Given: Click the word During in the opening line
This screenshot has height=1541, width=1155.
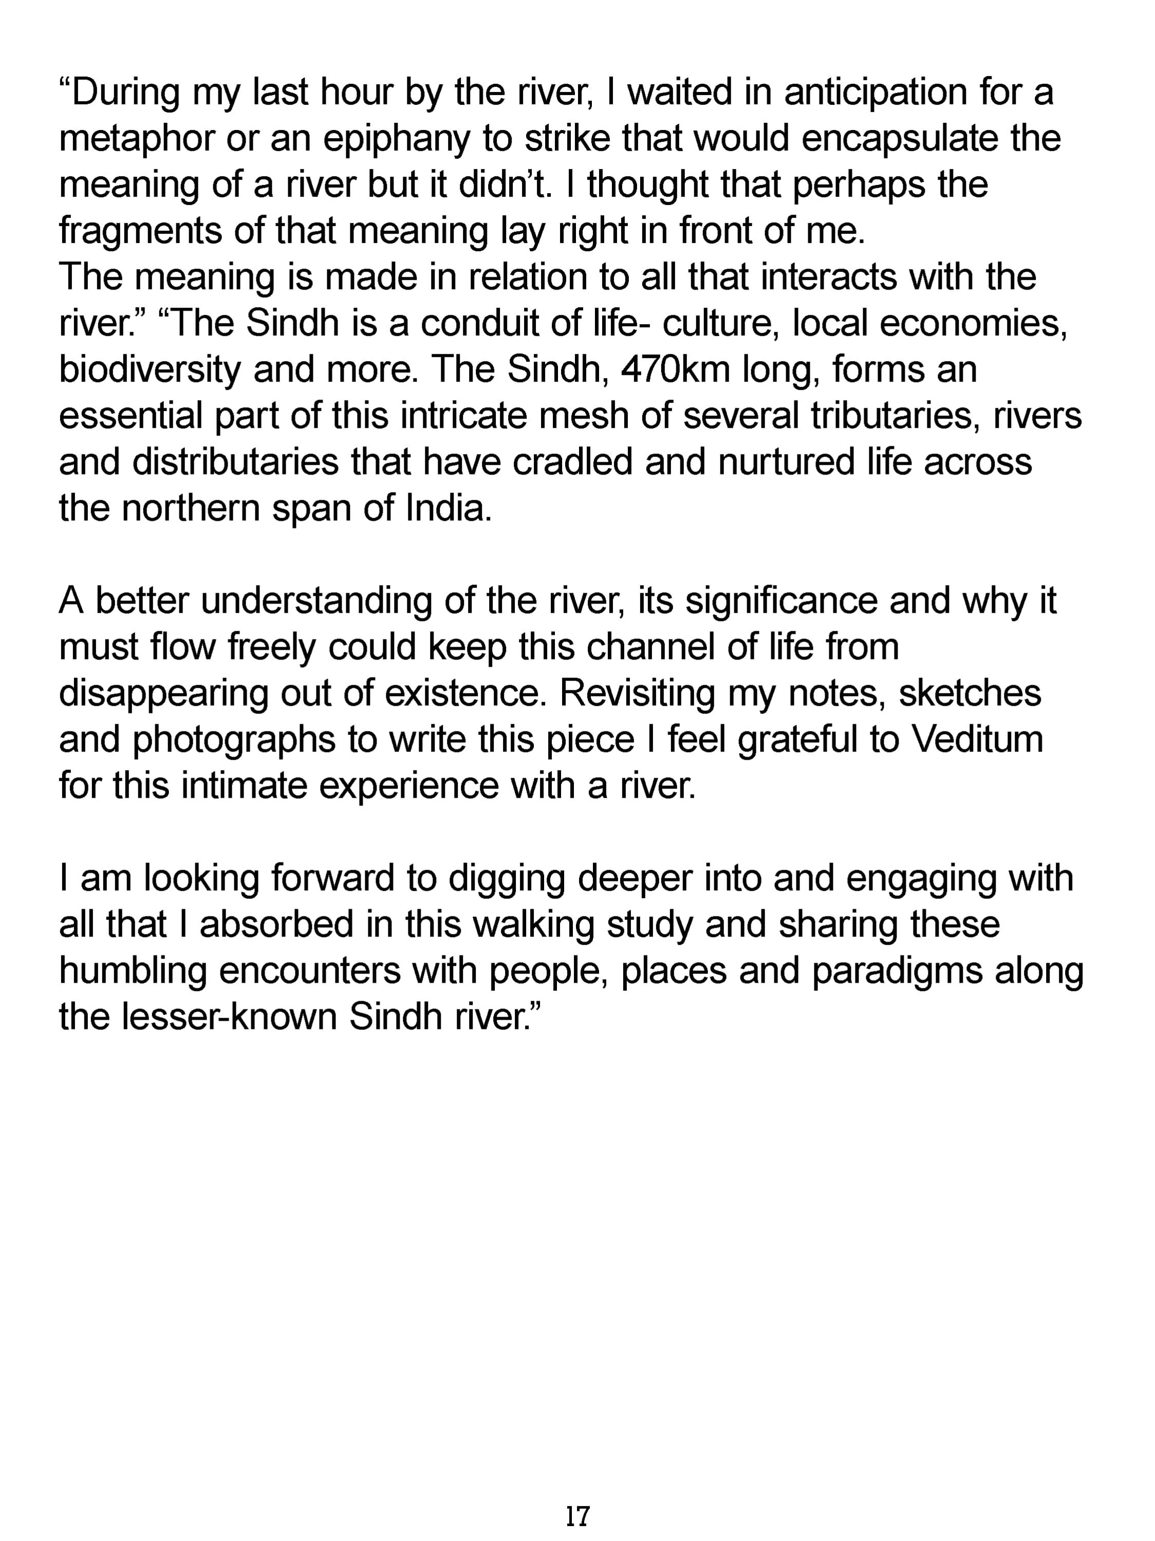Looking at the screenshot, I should [x=125, y=92].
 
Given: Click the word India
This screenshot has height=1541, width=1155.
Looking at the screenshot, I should [x=450, y=509].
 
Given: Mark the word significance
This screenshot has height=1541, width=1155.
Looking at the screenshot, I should [x=781, y=601].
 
